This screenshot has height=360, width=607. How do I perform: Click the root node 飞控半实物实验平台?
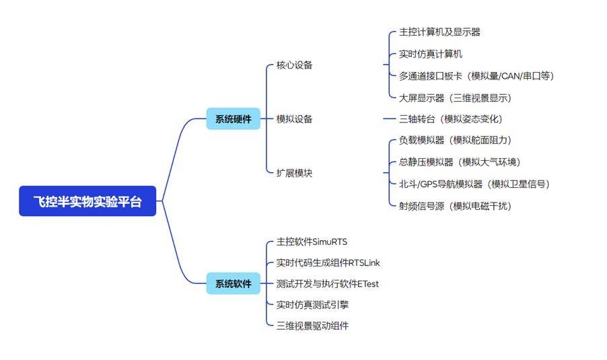pos(87,201)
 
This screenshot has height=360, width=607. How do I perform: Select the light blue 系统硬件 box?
pos(233,119)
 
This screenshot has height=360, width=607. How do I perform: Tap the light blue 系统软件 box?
pos(233,284)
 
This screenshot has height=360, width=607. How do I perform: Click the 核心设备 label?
pos(294,65)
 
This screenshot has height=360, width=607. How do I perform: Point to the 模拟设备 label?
pos(294,119)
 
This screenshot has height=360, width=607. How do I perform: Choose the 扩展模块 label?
pos(294,173)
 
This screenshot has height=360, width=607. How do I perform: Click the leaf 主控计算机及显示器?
pos(439,32)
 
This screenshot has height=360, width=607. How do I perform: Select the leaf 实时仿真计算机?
pos(431,54)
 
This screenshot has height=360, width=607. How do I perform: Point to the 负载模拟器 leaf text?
pos(422,140)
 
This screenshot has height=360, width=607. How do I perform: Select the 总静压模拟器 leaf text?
pos(426,162)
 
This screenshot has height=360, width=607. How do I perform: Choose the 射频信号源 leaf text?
pos(422,206)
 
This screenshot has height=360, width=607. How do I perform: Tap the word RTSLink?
pos(364,262)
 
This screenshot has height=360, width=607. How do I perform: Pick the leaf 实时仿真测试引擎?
pos(312,305)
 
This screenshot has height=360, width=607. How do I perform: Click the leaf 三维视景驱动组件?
pos(312,326)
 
